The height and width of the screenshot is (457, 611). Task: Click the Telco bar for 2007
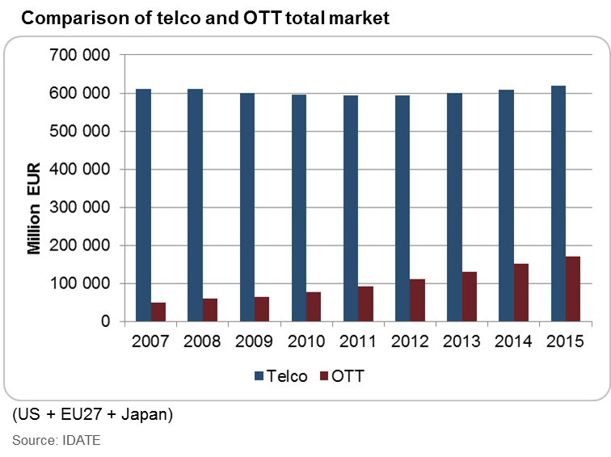[x=143, y=205]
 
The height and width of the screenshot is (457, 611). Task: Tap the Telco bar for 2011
[x=350, y=208]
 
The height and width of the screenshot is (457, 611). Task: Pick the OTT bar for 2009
[x=262, y=309]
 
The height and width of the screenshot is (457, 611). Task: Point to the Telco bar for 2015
[x=558, y=203]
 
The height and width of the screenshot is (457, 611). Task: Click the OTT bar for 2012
[x=417, y=300]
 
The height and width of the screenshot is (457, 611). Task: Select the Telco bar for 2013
[x=453, y=208]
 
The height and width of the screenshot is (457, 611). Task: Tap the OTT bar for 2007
[x=158, y=312]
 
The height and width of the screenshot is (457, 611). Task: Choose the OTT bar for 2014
[x=520, y=292]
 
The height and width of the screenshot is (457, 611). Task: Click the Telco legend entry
[x=280, y=376]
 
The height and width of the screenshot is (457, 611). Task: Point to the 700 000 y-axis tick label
[x=82, y=56]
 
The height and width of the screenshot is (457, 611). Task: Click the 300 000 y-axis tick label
[x=82, y=208]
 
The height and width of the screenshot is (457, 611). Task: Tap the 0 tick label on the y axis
[x=105, y=322]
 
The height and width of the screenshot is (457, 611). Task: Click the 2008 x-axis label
[x=203, y=342]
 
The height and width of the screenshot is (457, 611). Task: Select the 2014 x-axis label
[x=513, y=342]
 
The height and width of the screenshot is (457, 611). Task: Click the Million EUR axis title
[x=34, y=208]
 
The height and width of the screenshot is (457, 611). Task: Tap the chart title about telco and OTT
[x=205, y=17]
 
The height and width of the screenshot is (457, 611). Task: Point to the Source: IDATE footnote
[x=57, y=440]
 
